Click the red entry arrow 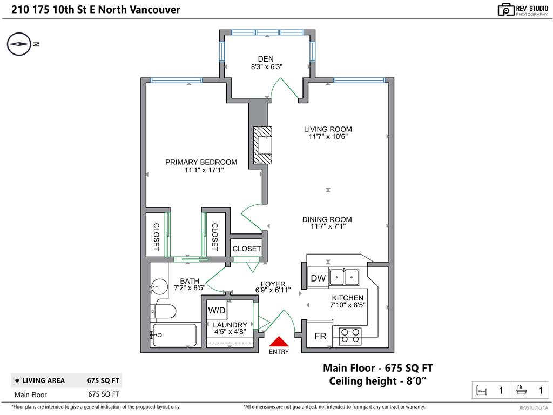point(279,342)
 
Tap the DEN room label point(266,59)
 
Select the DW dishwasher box point(318,278)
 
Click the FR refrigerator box point(320,336)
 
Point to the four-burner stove point(350,336)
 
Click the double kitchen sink point(344,277)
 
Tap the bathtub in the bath point(174,335)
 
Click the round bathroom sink point(159,286)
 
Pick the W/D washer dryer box point(217,310)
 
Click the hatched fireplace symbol point(263,145)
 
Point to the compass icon point(19,44)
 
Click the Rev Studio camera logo point(505,10)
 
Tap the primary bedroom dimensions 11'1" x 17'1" point(204,170)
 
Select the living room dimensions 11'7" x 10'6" point(328,137)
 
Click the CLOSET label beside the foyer point(246,249)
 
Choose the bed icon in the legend point(481,390)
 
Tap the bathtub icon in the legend point(521,390)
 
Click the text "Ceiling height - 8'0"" point(377,381)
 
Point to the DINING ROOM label point(327,219)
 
